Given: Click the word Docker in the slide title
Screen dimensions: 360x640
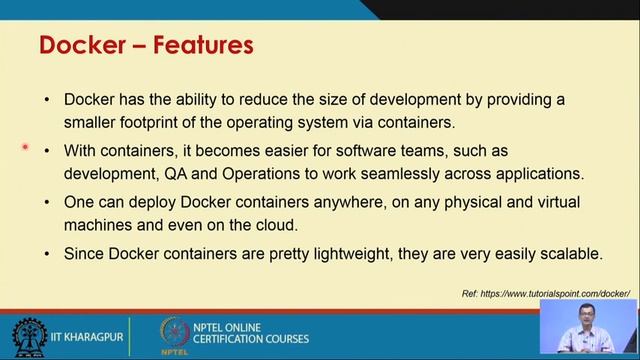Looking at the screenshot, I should [x=78, y=45].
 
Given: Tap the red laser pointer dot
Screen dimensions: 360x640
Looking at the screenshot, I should [x=25, y=147].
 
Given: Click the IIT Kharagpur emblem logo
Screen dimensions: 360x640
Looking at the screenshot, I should [x=28, y=337].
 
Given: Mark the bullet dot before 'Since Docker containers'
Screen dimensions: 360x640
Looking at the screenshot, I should [x=47, y=254].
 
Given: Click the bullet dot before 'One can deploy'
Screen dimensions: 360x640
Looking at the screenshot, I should [x=47, y=203].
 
